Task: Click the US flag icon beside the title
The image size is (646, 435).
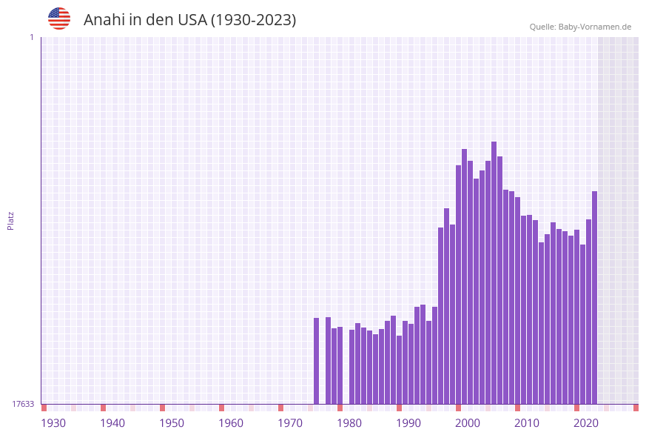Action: pos(59,19)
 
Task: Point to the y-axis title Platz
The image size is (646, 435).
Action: pos(10,220)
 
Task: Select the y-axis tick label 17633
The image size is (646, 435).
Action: pos(23,404)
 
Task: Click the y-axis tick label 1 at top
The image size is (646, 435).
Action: pos(31,37)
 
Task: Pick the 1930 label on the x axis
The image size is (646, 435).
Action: pos(53,423)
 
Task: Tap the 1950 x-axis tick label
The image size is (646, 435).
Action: pos(172,423)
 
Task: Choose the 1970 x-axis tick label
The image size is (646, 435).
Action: pos(290,423)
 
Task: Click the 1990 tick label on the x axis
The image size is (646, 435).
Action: pos(408,423)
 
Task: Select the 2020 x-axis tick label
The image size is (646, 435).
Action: pos(586,423)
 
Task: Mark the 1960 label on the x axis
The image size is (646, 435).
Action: pos(231,423)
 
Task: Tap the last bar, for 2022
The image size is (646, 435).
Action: pos(594,297)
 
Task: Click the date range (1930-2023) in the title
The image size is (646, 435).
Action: pos(253,20)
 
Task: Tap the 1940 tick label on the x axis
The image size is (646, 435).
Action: pos(112,423)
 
